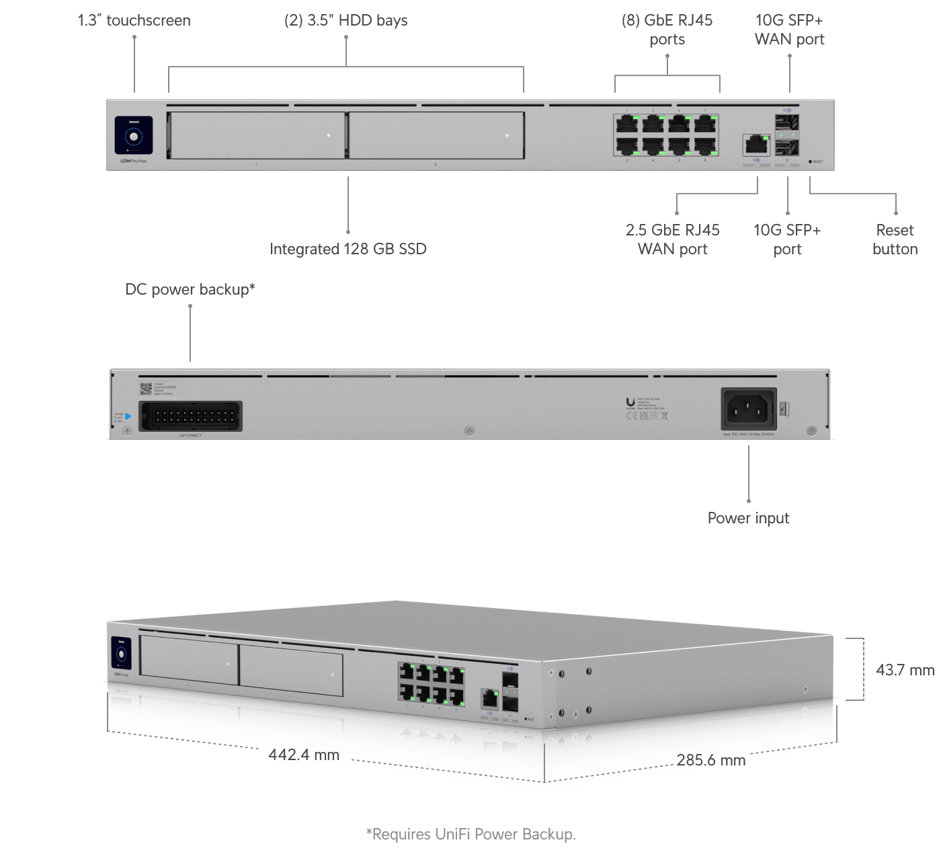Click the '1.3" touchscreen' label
(x=134, y=21)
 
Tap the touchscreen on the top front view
(x=134, y=135)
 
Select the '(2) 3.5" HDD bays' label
(x=346, y=21)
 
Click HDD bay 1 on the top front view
(x=256, y=135)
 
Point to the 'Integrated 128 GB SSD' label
(x=348, y=249)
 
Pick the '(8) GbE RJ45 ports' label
(x=667, y=30)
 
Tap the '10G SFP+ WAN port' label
(x=789, y=30)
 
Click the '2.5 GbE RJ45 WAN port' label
(x=673, y=239)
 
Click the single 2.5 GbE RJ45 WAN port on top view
(x=756, y=145)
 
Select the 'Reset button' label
(x=895, y=239)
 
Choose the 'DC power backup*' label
(x=190, y=289)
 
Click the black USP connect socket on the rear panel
(x=190, y=416)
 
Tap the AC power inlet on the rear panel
(x=749, y=408)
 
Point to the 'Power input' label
(x=748, y=518)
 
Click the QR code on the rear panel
(x=145, y=389)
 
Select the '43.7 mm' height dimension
(x=905, y=670)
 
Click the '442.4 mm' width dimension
(x=304, y=755)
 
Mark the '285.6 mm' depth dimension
(x=711, y=760)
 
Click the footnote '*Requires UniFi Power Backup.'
(x=470, y=835)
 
